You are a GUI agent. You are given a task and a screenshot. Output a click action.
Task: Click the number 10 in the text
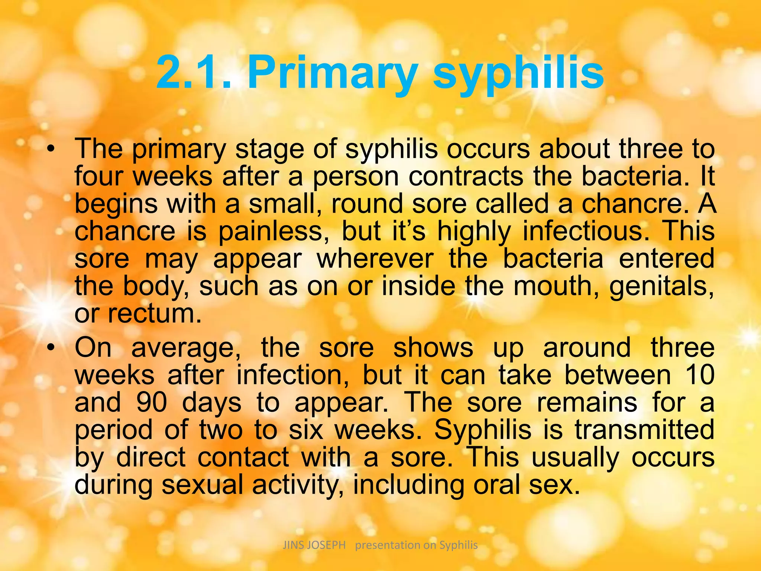pos(699,375)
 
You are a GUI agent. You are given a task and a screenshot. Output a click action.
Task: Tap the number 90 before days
pos(152,402)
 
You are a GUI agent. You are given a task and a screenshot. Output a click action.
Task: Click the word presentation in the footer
pos(388,545)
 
